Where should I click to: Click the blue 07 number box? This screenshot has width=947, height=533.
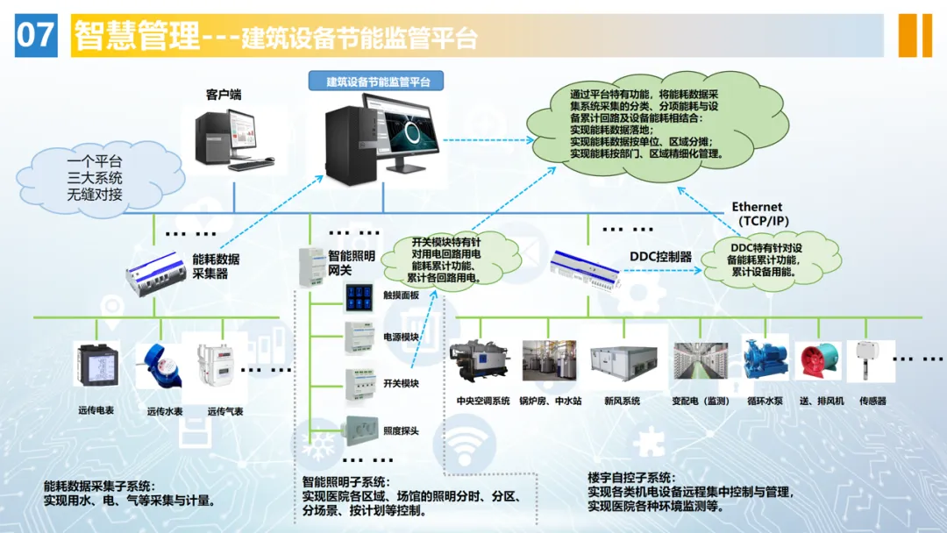pos(36,36)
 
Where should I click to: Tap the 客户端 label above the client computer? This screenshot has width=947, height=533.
pos(224,95)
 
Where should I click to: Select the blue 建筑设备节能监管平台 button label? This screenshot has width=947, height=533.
pos(376,81)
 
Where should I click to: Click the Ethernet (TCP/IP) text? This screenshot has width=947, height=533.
pos(759,214)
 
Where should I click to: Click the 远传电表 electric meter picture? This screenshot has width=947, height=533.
pos(96,365)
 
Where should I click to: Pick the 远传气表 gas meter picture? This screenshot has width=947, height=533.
pos(216,365)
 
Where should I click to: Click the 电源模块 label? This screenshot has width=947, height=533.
pos(401,337)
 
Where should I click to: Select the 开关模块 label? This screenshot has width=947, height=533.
pos(401,383)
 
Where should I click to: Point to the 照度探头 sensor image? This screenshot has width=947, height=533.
pos(362,430)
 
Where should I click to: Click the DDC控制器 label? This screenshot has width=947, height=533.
pos(661,257)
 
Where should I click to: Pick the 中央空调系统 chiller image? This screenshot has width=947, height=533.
pos(480,361)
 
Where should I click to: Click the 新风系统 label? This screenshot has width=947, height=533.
pos(622,401)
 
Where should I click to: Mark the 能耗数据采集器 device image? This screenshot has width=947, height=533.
pos(156,275)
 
